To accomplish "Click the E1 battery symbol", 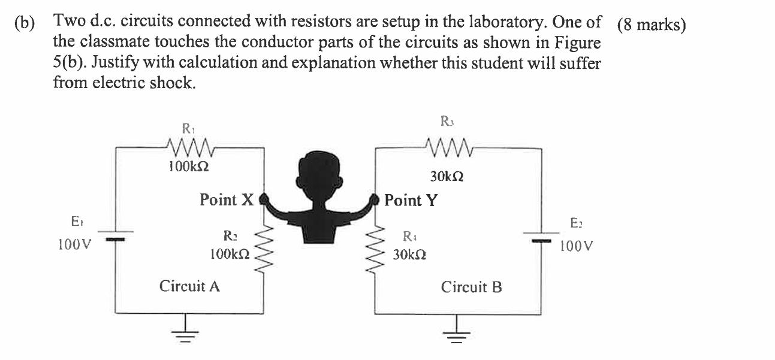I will pyautogui.click(x=116, y=235).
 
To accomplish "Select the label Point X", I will pyautogui.click(x=227, y=199).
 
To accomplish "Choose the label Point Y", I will pyautogui.click(x=411, y=200).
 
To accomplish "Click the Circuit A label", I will pyautogui.click(x=189, y=286).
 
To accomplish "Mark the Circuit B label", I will pyautogui.click(x=472, y=288).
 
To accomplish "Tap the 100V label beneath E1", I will pyautogui.click(x=75, y=245).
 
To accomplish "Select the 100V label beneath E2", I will pyautogui.click(x=577, y=246).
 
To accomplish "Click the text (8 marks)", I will pyautogui.click(x=651, y=26).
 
